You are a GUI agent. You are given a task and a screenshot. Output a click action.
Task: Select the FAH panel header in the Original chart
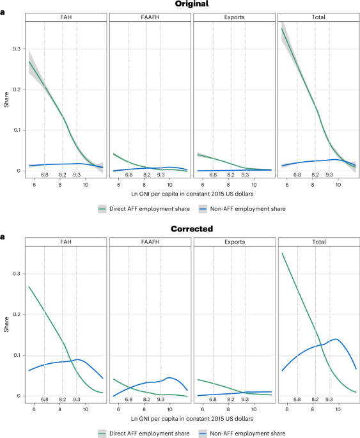[x=65, y=17]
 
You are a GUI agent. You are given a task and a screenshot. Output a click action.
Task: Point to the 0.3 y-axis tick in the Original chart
[x=16, y=49]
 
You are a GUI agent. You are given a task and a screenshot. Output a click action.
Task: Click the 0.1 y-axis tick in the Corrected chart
[x=16, y=355]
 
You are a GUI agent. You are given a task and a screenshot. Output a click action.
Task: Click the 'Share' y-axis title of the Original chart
[x=6, y=100]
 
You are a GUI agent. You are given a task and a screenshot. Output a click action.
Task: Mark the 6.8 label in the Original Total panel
[x=297, y=175]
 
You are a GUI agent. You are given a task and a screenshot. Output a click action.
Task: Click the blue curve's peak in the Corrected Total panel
[x=334, y=339]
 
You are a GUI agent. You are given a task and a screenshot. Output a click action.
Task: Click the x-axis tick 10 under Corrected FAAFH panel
[x=169, y=409]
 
